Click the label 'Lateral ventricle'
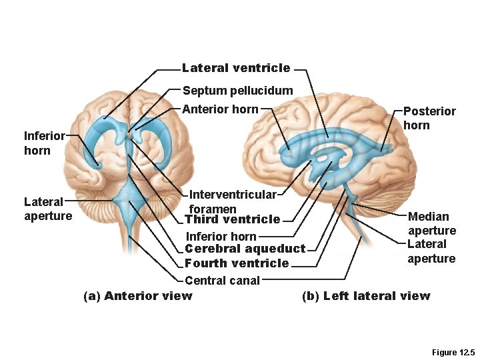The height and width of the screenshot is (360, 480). coord(236,67)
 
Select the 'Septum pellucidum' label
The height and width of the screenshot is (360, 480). coord(237,90)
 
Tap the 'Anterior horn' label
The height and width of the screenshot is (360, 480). coord(220,109)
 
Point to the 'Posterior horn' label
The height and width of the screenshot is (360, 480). coord(429,118)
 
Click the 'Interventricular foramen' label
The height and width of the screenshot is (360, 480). coord(231,201)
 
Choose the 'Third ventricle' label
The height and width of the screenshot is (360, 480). coord(232,219)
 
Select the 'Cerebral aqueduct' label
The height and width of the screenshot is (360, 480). coord(245,249)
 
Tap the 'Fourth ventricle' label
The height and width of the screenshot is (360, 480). coord(237,263)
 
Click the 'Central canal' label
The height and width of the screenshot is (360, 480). coord(222,281)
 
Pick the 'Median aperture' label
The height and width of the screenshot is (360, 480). coord(431,223)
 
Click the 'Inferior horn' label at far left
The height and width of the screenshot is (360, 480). coord(44,143)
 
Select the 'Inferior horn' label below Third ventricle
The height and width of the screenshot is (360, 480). coord(221,236)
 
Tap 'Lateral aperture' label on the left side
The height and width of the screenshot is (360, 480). coord(48,208)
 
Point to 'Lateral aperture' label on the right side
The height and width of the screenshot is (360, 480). coord(431,251)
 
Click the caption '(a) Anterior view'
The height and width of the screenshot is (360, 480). coord(138,296)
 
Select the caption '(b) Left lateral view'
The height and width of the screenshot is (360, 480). coord(366,296)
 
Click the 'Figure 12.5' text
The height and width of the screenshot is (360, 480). coord(451,351)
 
